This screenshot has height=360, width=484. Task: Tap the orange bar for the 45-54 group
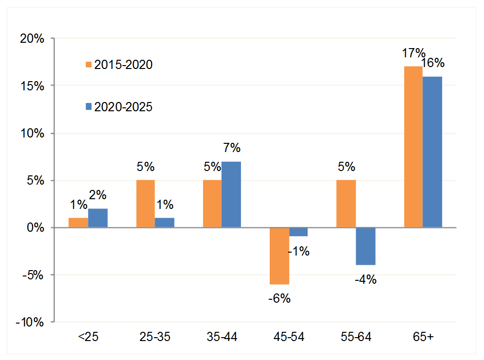[x=279, y=256]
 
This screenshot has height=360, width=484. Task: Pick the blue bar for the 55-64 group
[x=365, y=246]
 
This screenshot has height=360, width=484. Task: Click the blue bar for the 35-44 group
[x=231, y=194]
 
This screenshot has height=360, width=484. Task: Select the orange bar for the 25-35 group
[x=145, y=204]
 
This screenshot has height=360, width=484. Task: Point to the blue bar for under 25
[x=98, y=218]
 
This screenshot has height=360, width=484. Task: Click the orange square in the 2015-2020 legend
[x=88, y=65]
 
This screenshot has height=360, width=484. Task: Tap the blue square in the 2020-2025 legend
[x=88, y=107]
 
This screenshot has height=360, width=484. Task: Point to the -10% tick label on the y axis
[x=30, y=323]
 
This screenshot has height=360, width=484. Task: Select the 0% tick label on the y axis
[x=35, y=228]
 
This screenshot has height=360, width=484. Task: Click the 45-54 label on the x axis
[x=289, y=338]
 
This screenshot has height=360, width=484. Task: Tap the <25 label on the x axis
[x=88, y=338]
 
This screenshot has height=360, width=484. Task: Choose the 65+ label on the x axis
[x=423, y=338]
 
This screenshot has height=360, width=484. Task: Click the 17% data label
[x=414, y=53]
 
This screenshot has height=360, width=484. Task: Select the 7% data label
[x=231, y=148]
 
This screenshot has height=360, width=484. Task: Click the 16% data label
[x=433, y=63]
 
